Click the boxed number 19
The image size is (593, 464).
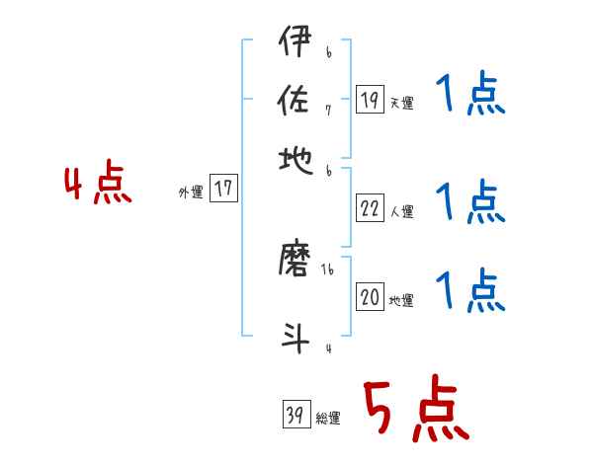(370, 100)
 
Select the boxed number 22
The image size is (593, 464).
(370, 208)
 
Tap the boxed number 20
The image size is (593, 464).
(370, 297)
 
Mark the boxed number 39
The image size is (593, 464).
(295, 416)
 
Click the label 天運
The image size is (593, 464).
(402, 103)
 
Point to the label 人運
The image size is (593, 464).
(402, 211)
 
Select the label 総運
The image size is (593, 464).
(328, 419)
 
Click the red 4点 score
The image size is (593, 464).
(97, 185)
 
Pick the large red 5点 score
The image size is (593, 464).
(416, 412)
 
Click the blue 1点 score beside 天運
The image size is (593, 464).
(469, 96)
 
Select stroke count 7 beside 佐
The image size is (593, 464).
(328, 111)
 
